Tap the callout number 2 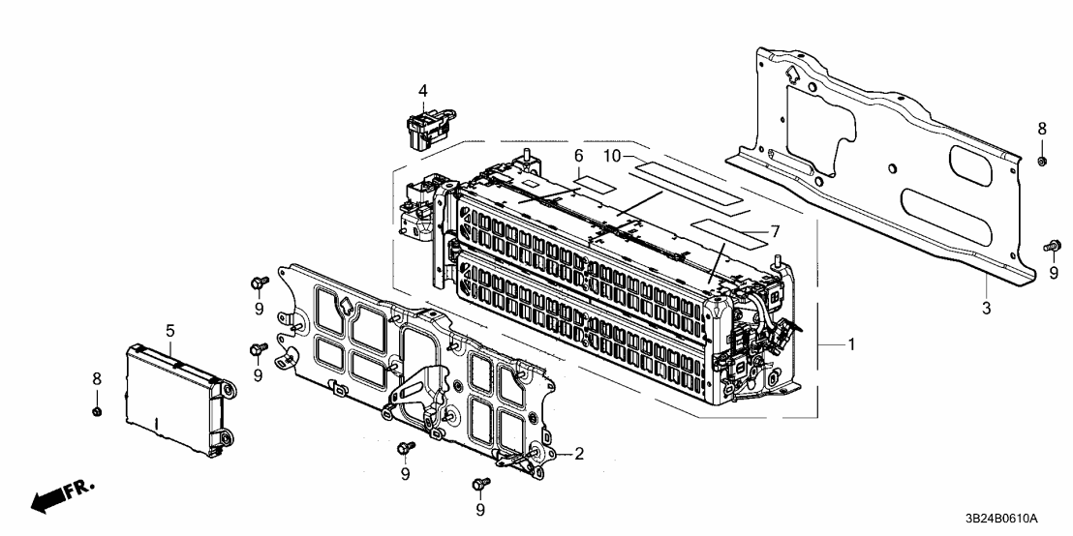point(578,453)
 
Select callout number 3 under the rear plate point(986,309)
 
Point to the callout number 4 point(422,91)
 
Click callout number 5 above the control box point(169,330)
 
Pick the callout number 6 point(578,156)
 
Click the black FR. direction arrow point(54,499)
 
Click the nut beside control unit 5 point(97,413)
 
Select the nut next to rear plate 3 point(1041,159)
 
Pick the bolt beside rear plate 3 point(1051,247)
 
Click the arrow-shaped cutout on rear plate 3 point(791,74)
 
